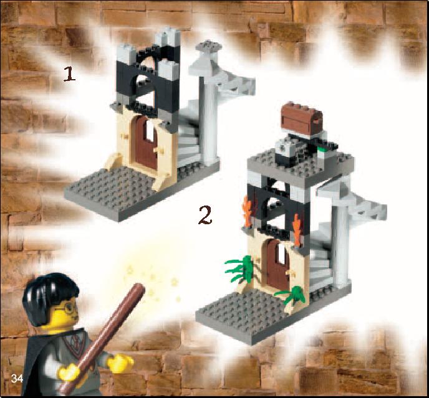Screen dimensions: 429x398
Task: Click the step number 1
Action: [x=69, y=74]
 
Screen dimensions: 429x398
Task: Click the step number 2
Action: [x=205, y=216]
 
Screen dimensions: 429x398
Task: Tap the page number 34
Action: [x=17, y=378]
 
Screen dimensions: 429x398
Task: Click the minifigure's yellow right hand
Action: [x=120, y=362]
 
